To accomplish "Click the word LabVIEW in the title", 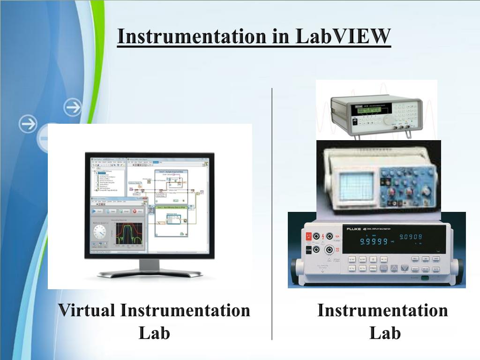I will click(x=343, y=37).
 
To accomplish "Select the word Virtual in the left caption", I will click(x=86, y=310).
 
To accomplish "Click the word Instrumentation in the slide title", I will click(x=192, y=37).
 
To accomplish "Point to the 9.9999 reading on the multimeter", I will click(x=374, y=241).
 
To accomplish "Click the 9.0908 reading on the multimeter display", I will click(x=410, y=237).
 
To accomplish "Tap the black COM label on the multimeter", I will click(x=308, y=250).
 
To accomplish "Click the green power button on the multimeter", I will click(x=425, y=278).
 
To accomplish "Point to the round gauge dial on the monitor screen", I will click(x=99, y=232).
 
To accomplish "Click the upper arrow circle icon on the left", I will click(x=73, y=107).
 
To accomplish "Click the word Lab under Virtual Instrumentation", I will click(x=154, y=333).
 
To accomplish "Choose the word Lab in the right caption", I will click(x=384, y=333).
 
